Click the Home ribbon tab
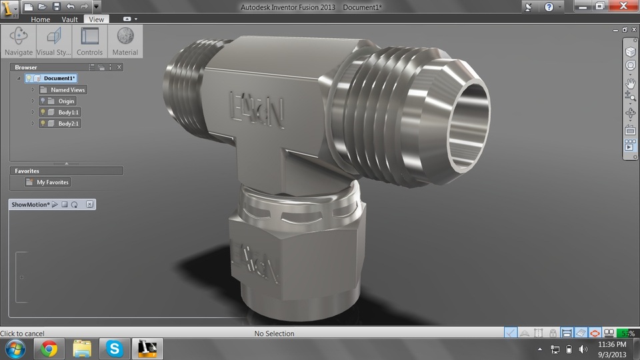pos(41,19)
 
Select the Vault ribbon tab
pos(69,19)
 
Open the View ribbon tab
pos(97,19)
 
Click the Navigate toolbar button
pos(19,41)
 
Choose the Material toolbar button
pos(125,41)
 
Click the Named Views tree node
pos(68,89)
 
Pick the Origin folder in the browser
pos(66,101)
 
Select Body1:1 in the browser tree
pos(68,112)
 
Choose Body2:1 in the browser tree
pos(68,123)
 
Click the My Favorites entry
pos(52,182)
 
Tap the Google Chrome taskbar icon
pos(49,348)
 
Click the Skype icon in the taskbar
pos(115,348)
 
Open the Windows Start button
pos(15,348)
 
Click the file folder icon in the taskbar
pos(82,348)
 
